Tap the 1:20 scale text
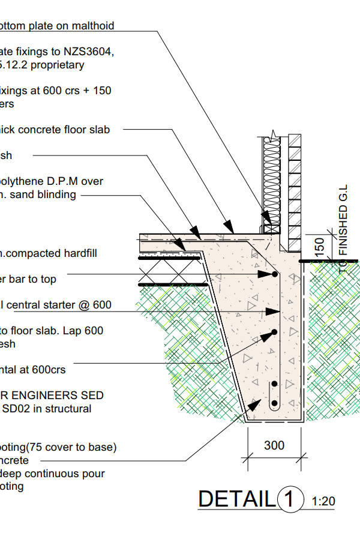click(x=323, y=501)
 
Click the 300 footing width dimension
click(x=274, y=446)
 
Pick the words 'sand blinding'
click(x=45, y=194)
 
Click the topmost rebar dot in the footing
click(x=275, y=274)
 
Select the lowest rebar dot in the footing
click(x=274, y=403)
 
